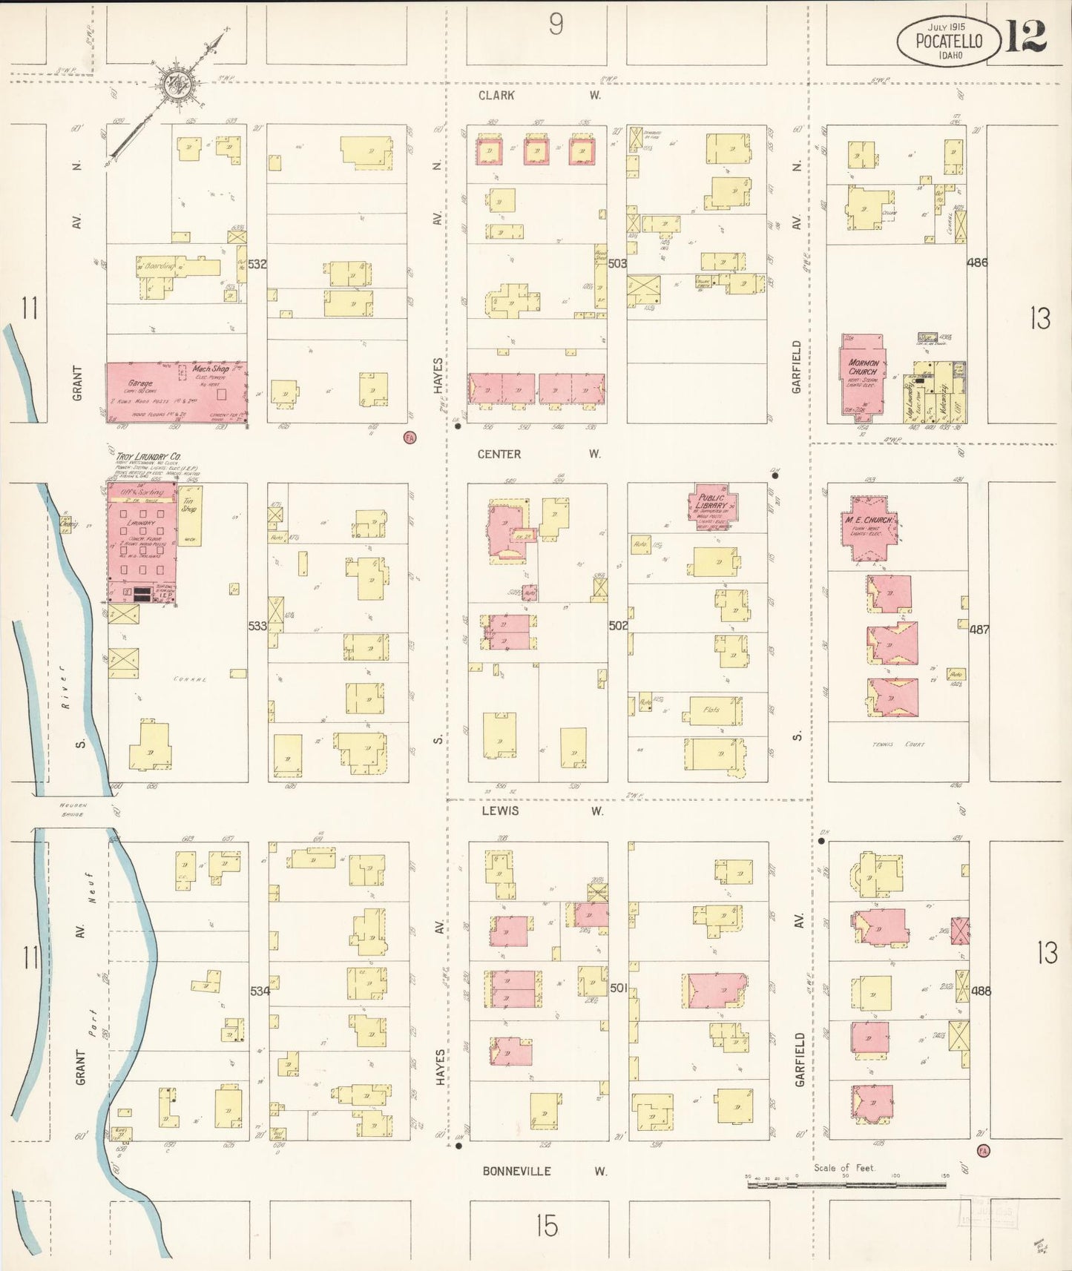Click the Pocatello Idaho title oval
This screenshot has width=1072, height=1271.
(x=948, y=41)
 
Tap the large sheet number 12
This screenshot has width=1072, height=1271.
(x=1027, y=36)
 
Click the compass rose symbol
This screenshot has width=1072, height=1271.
(x=179, y=84)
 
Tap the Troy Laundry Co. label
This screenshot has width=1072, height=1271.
(x=148, y=457)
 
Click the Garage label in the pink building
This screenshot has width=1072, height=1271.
(x=140, y=384)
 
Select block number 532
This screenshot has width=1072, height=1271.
(x=257, y=264)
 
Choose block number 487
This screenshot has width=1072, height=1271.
(x=979, y=629)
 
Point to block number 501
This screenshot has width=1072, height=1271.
(x=619, y=988)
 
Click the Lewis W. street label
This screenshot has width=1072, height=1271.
(x=542, y=811)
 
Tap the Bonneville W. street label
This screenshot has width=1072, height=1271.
(x=545, y=1171)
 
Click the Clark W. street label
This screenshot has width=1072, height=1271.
(x=539, y=96)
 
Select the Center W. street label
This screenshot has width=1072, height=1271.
(x=539, y=454)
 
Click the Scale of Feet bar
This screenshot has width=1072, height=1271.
(x=846, y=1184)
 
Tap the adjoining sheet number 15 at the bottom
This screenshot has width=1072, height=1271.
(x=546, y=1226)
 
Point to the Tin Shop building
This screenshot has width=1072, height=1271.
(x=189, y=515)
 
